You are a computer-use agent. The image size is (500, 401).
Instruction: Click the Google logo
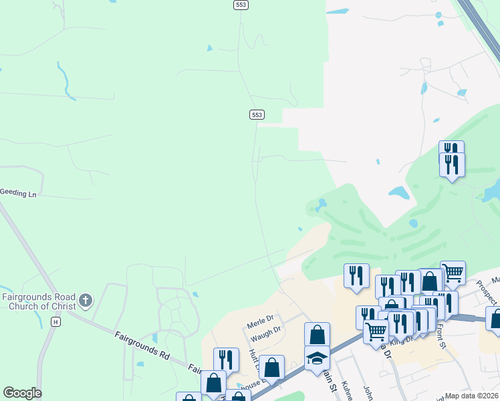[22, 393]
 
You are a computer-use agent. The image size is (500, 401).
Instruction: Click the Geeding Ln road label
[18, 192]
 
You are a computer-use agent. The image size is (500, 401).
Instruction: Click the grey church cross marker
[85, 301]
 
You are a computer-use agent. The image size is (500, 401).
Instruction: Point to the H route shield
[56, 321]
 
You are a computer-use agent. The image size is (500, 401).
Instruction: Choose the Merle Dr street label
[261, 319]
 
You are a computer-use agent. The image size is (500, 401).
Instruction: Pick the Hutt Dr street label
[254, 354]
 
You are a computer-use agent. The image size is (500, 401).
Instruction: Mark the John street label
[368, 390]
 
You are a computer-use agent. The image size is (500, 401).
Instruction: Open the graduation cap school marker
[317, 358]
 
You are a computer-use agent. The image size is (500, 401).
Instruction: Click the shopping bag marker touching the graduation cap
[317, 334]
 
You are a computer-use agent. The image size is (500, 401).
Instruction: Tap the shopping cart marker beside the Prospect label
[453, 272]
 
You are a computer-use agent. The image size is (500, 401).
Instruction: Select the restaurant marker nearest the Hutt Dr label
[226, 360]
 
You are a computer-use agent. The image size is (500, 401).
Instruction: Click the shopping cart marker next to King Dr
[376, 330]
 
